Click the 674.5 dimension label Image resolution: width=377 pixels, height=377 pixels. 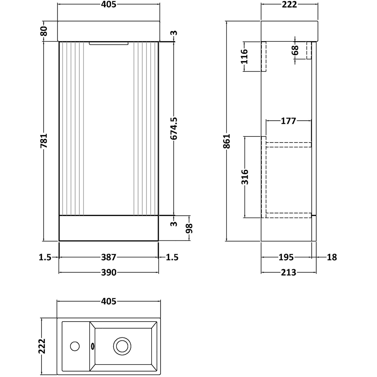pyautogui.click(x=173, y=128)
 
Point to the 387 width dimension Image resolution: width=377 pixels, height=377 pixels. pyautogui.click(x=109, y=257)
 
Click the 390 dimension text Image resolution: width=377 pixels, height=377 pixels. pyautogui.click(x=109, y=273)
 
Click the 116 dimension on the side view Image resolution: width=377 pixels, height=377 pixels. pyautogui.click(x=244, y=56)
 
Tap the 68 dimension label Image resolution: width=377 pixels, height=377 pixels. pyautogui.click(x=295, y=50)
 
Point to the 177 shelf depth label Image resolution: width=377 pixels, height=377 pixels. pyautogui.click(x=288, y=121)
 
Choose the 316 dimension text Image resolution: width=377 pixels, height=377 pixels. pyautogui.click(x=244, y=176)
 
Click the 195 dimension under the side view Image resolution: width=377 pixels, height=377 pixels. pyautogui.click(x=286, y=257)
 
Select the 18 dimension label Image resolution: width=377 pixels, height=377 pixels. pyautogui.click(x=332, y=257)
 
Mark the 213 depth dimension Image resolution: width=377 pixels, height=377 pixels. pyautogui.click(x=288, y=273)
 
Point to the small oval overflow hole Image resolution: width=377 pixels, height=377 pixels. pyautogui.click(x=92, y=345)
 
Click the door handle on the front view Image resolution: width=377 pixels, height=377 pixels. pyautogui.click(x=109, y=44)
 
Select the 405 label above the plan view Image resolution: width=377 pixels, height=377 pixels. pyautogui.click(x=109, y=301)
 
